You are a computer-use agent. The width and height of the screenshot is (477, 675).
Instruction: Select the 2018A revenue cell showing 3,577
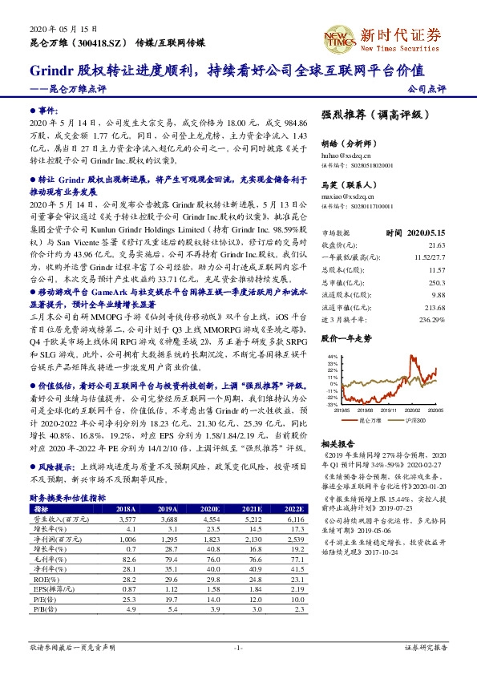coord(126,519)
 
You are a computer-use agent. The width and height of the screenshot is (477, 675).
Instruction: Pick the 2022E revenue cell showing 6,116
coord(294,519)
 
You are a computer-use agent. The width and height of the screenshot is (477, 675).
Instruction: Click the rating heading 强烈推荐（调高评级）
coord(370,115)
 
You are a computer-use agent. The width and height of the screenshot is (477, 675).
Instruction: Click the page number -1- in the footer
coord(238,648)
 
